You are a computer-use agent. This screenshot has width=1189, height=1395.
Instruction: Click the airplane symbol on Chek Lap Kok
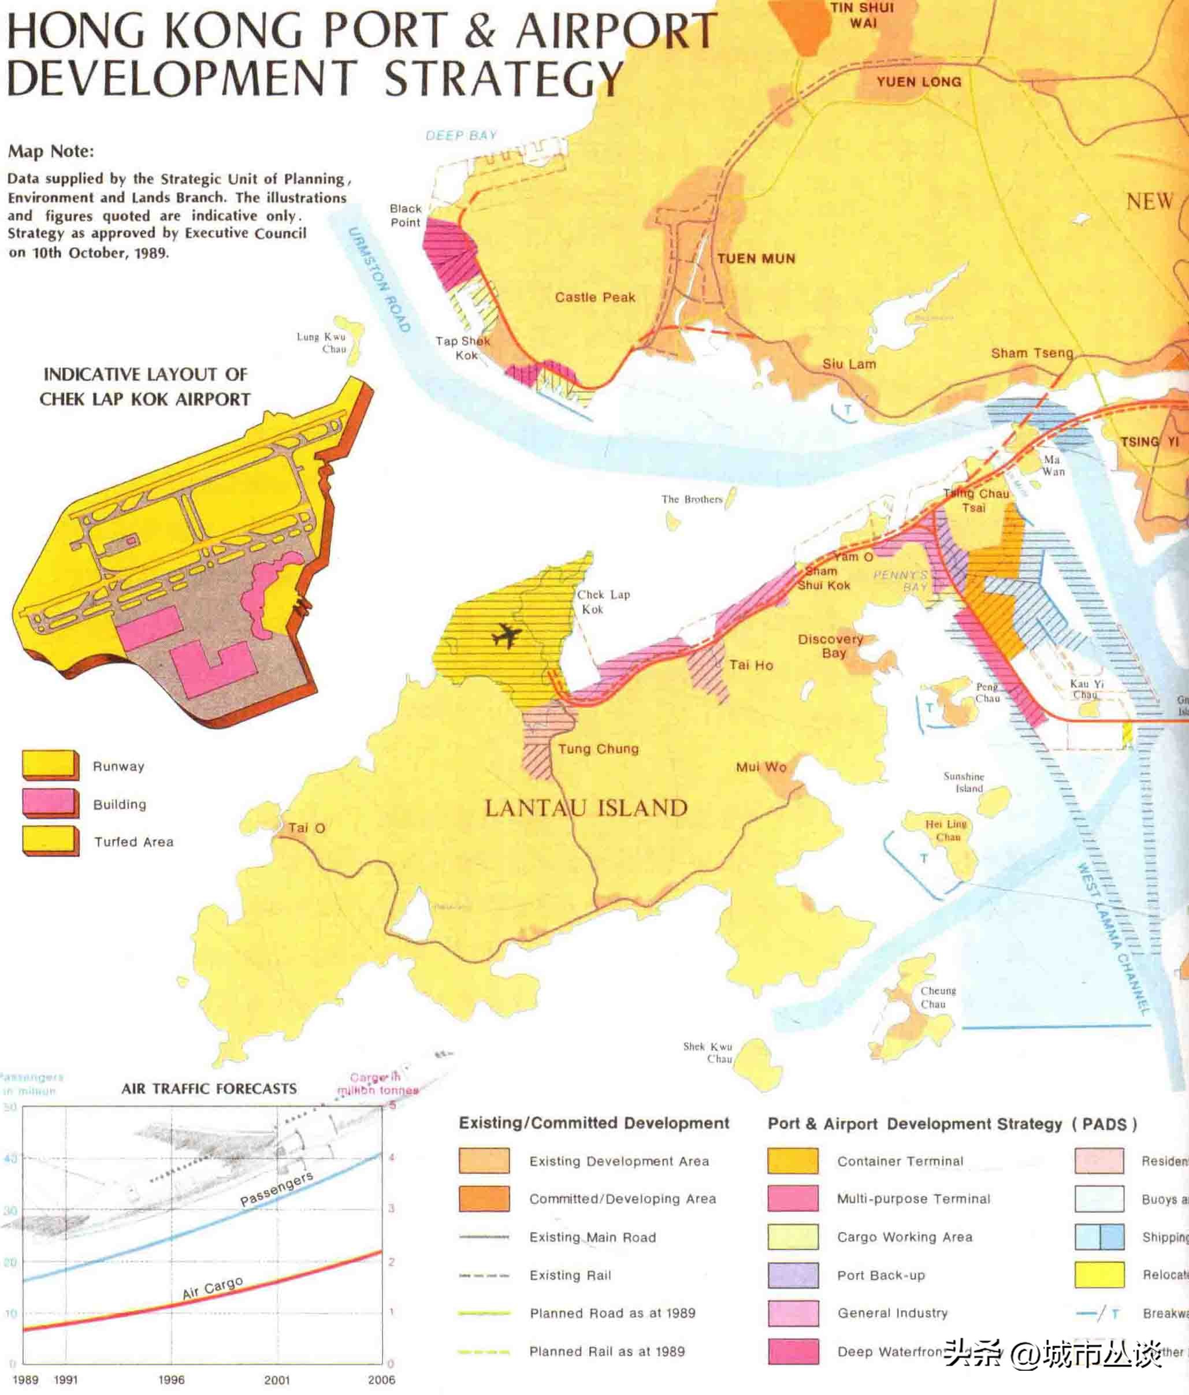tap(506, 635)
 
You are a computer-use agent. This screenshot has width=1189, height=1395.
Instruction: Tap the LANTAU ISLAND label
tap(586, 808)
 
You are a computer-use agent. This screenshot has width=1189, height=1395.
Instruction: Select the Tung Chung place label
tap(598, 749)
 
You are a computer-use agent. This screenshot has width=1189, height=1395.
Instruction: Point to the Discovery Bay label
tap(831, 646)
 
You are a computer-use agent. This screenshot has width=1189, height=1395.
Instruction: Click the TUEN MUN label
tap(756, 259)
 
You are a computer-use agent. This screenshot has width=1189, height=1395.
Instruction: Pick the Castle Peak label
tap(594, 297)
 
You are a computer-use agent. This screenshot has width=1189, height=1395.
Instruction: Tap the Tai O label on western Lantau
tap(306, 828)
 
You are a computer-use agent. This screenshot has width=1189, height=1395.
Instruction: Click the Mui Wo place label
tap(761, 767)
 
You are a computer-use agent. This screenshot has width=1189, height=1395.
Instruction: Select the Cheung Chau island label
tap(937, 997)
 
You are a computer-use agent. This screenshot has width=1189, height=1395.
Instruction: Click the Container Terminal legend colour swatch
tap(793, 1160)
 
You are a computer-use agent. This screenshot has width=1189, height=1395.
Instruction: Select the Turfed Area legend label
tap(133, 842)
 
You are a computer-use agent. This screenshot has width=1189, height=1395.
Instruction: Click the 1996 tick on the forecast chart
tap(171, 1379)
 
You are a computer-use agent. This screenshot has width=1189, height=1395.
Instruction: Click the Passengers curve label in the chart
tap(276, 1189)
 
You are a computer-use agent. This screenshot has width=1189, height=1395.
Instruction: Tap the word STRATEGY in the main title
tap(504, 78)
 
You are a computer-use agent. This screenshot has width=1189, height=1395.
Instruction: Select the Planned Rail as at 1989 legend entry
tap(607, 1351)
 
